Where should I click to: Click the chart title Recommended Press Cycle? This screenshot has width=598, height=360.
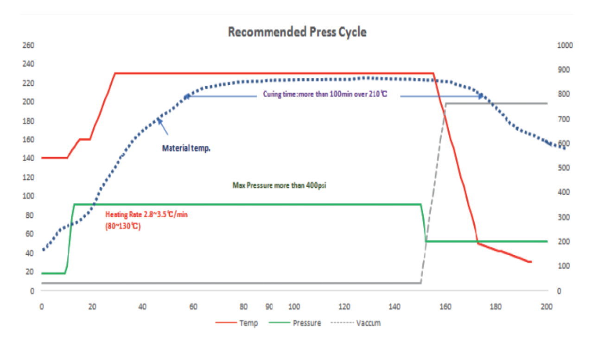click(297, 32)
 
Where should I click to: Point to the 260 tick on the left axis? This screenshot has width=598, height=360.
click(28, 45)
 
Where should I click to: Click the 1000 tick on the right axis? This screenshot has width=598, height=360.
click(565, 45)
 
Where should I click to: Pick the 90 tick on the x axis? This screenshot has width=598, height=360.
click(269, 307)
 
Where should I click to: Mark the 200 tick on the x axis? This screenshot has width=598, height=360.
click(547, 307)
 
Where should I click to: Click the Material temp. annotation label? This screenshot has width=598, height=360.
click(186, 149)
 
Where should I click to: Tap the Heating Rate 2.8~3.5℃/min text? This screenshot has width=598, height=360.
click(146, 215)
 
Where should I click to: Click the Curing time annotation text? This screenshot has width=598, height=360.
click(325, 94)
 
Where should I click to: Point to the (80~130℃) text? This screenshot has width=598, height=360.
click(123, 227)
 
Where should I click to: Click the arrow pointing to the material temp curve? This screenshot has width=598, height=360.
click(163, 126)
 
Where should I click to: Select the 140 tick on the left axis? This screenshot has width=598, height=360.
click(28, 158)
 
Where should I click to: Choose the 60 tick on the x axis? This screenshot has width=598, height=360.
click(193, 307)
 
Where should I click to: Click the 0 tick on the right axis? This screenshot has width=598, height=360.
click(559, 291)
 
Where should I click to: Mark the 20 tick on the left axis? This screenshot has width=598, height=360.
click(30, 272)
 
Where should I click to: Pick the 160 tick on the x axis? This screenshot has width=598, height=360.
click(445, 307)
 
